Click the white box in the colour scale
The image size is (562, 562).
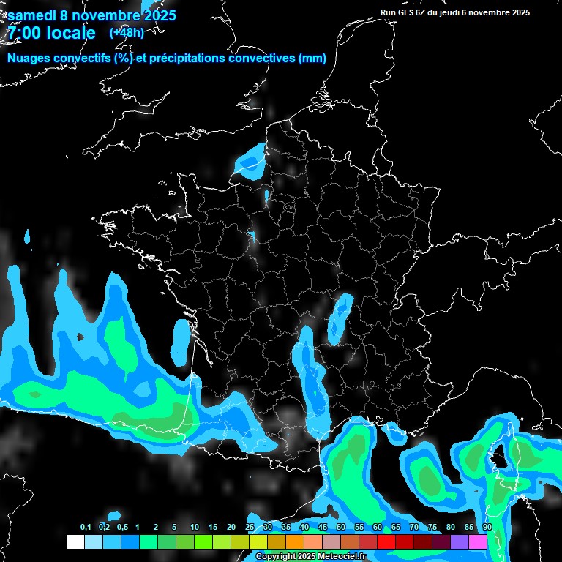pos(75,542)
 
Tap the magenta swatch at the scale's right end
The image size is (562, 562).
pos(478,542)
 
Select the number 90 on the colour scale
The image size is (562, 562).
pos(487,528)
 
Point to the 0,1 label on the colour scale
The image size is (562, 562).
pos(86,528)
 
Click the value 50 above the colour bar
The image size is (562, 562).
pos(341,528)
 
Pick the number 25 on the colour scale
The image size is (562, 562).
pos(250,528)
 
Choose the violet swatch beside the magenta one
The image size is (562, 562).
pos(460,542)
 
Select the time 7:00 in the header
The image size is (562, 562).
pos(23,33)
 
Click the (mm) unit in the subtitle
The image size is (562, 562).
pos(312,59)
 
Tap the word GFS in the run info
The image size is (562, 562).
pos(408,12)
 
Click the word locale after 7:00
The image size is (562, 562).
pos(70,33)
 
